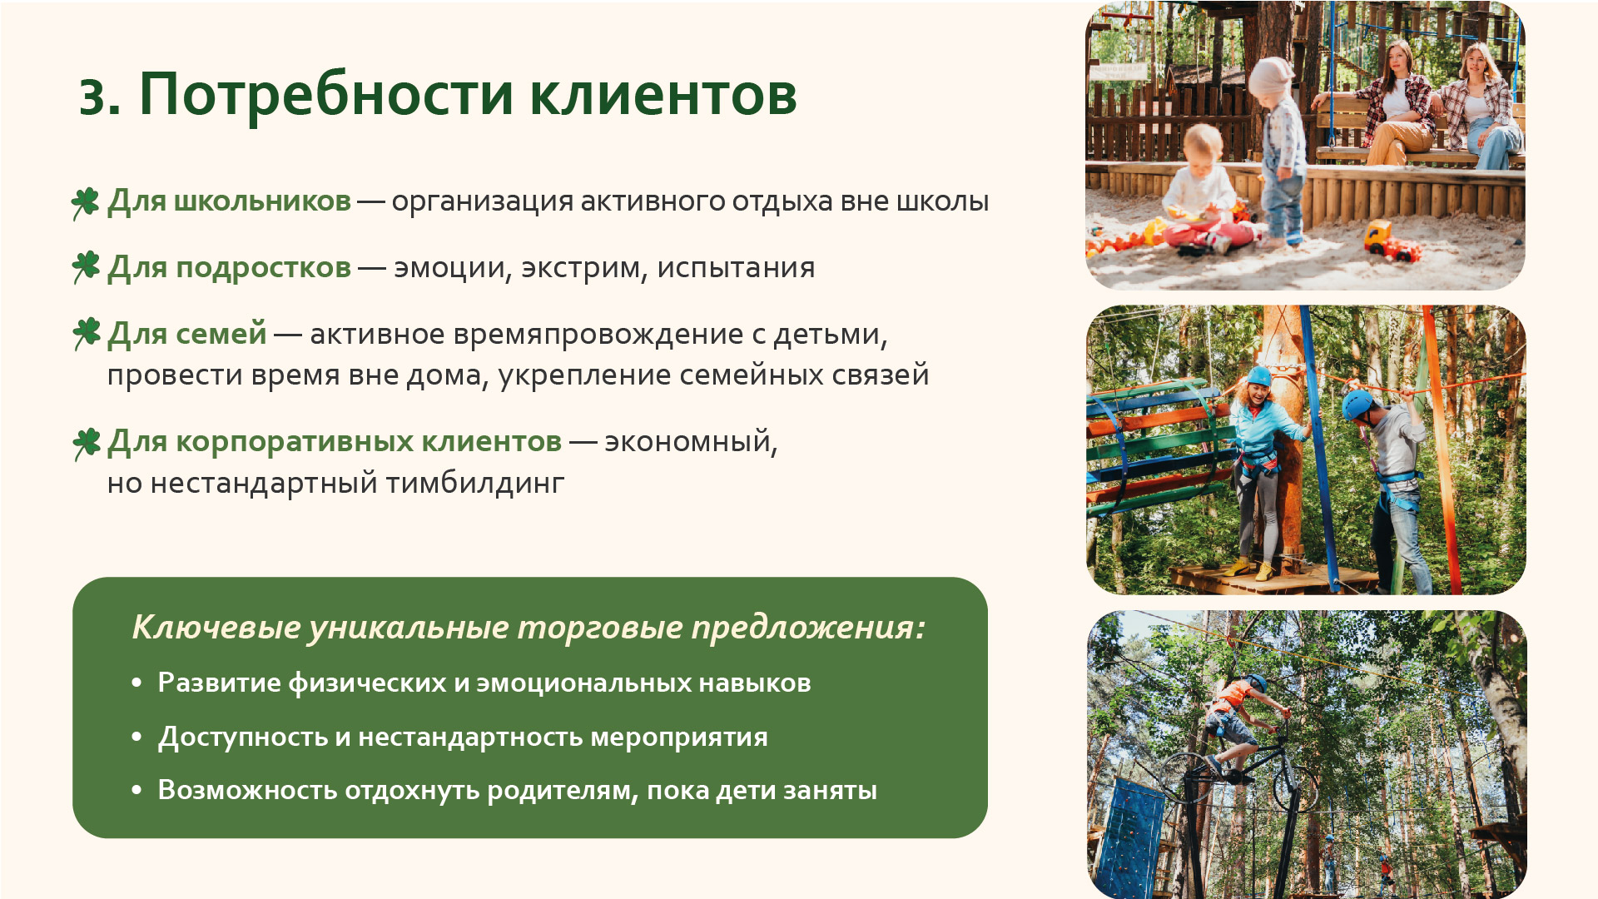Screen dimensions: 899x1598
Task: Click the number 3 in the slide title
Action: (99, 97)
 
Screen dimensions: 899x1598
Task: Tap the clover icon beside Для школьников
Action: (86, 202)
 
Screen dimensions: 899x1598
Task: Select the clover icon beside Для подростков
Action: (86, 268)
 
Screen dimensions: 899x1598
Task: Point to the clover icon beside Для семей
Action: (86, 334)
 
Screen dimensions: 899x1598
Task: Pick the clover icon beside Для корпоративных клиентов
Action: (86, 444)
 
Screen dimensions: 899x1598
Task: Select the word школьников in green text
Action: (262, 201)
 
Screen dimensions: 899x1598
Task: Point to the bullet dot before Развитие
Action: (137, 683)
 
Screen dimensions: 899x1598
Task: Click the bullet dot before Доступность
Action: (137, 738)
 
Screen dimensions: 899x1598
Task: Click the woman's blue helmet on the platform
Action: (1259, 376)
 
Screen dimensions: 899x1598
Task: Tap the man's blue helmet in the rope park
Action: (1357, 404)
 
